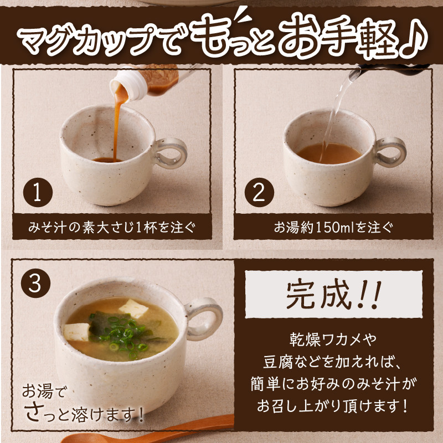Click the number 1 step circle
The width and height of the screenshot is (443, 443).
pyautogui.click(x=38, y=192)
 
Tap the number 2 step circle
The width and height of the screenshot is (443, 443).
pyautogui.click(x=259, y=192)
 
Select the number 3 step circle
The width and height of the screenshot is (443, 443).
pyautogui.click(x=35, y=283)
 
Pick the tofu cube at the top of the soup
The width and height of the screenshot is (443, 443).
pyautogui.click(x=133, y=308)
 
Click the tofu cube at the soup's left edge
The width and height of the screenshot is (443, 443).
pyautogui.click(x=76, y=332)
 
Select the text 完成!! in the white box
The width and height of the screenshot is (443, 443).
pyautogui.click(x=333, y=295)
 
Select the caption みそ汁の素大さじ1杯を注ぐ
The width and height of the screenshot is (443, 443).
pyautogui.click(x=112, y=228)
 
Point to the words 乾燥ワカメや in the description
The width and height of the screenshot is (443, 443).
pyautogui.click(x=333, y=340)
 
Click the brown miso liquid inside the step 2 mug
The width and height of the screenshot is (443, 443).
pyautogui.click(x=329, y=153)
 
